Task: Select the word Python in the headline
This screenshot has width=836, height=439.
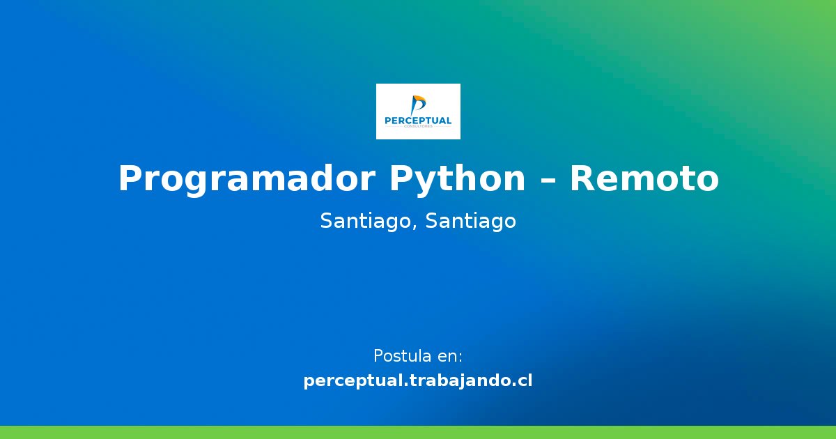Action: (457, 179)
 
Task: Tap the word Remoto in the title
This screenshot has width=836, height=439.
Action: (644, 179)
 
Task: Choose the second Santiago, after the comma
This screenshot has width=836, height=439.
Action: (471, 222)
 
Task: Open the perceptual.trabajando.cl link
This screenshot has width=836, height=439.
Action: (418, 381)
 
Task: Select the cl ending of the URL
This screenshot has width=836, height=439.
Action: (525, 381)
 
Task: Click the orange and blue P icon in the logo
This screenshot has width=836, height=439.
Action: (418, 105)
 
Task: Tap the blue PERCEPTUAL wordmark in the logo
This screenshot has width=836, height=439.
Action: (418, 121)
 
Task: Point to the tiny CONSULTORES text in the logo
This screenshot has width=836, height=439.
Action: (418, 127)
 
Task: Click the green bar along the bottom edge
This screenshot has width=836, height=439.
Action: (418, 432)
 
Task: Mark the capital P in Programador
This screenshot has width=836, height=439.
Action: (130, 179)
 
